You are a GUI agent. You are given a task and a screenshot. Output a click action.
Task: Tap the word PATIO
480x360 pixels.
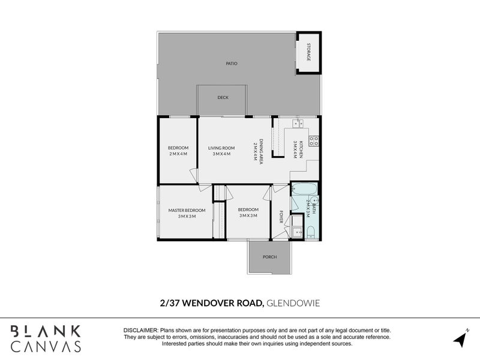[x=232, y=63]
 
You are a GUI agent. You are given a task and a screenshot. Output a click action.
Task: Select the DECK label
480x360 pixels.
[x=223, y=97]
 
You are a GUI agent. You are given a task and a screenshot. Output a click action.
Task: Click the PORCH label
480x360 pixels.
[x=269, y=257]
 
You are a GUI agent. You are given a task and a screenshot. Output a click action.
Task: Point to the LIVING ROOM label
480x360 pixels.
[x=221, y=148]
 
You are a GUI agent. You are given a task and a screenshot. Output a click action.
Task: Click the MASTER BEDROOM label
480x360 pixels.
[x=187, y=210]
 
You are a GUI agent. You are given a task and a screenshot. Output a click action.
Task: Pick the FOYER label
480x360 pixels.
[x=280, y=217]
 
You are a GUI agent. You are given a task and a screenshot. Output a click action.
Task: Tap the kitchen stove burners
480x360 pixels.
[x=313, y=142]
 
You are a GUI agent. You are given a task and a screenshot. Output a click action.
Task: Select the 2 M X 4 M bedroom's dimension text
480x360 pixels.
[x=178, y=154]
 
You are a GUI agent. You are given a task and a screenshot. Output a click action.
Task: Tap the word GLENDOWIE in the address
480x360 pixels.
[x=293, y=304]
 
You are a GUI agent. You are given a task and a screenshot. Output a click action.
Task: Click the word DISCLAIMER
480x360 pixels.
[x=140, y=331]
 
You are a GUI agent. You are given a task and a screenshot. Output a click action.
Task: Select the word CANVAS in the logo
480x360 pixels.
[x=46, y=346]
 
